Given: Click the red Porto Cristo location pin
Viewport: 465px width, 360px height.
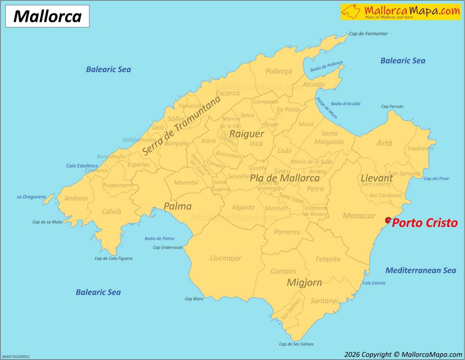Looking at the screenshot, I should [x=389, y=221].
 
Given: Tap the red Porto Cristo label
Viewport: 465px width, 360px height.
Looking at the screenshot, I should [x=425, y=223].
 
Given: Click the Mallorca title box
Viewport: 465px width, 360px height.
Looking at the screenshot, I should [x=47, y=16].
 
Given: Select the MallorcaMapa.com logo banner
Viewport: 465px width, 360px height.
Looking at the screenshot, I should [x=400, y=12].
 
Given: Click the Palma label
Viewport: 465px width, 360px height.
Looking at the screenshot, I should [x=177, y=206].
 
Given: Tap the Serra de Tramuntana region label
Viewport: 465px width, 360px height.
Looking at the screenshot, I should [x=181, y=125].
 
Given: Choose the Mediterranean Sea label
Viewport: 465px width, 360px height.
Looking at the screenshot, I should [x=420, y=270].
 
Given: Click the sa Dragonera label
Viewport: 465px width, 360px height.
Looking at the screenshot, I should [x=31, y=197].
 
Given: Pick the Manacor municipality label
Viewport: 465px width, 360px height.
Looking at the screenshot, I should [x=359, y=216].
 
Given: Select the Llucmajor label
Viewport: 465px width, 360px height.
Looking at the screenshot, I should [x=226, y=258].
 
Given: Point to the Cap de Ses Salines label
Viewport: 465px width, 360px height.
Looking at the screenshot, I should [x=296, y=344].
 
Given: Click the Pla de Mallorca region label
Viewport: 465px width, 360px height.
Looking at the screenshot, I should [x=285, y=178].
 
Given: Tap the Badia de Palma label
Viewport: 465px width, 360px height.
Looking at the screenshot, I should [x=159, y=238].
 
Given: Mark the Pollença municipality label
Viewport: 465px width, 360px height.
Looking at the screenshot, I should [x=279, y=72].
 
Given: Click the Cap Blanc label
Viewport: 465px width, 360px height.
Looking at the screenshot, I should [x=194, y=299].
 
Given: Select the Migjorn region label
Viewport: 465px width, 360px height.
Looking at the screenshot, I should [x=304, y=282].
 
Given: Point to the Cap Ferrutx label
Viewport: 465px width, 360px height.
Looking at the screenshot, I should [x=392, y=107].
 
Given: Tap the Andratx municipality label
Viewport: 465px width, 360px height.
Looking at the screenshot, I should [x=76, y=198].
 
